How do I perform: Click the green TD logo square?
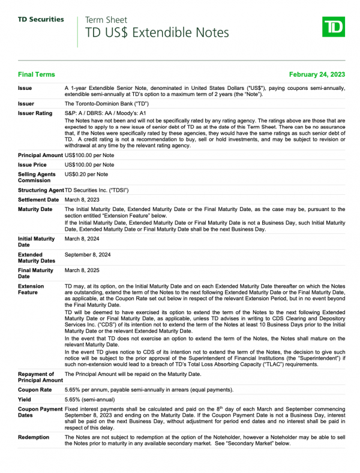[334, 28]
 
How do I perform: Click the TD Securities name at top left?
[41, 19]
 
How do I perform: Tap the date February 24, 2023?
[317, 74]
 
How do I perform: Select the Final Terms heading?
[37, 74]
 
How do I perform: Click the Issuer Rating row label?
[35, 113]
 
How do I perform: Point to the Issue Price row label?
[33, 164]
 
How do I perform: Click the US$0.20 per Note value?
[86, 174]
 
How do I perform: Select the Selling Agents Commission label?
[38, 177]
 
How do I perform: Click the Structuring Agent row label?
[40, 190]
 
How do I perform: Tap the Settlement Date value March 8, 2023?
[82, 200]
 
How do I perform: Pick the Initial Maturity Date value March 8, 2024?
[82, 239]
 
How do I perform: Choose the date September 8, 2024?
[88, 254]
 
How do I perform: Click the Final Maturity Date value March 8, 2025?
[82, 270]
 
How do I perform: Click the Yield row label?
[25, 399]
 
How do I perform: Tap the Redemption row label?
[34, 437]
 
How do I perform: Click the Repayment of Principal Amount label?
[40, 376]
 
